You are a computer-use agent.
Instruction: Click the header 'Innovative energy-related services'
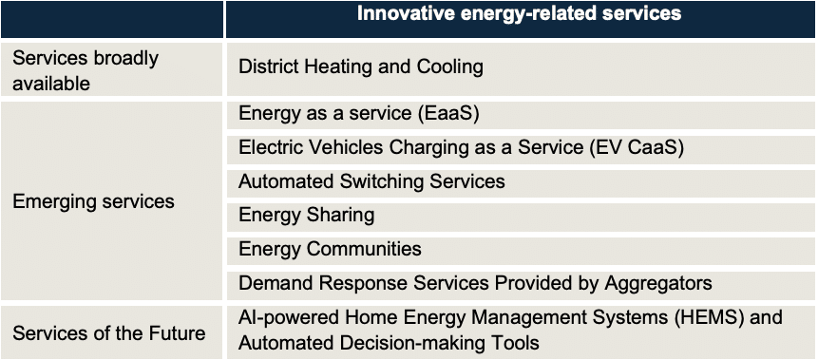coord(519,13)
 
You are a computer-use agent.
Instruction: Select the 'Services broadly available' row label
coord(86,70)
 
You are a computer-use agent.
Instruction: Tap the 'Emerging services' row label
coord(93,201)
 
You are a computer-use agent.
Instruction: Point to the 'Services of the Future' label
coord(109,332)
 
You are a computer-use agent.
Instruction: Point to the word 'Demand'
coord(276,283)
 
